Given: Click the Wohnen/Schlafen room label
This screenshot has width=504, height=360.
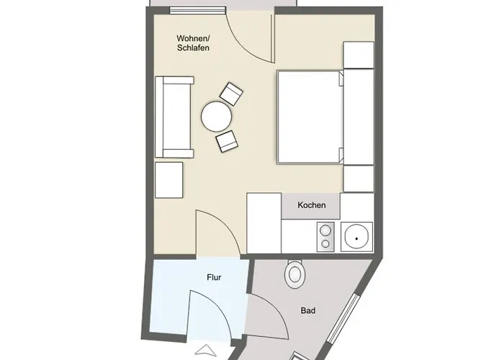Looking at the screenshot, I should [194, 42].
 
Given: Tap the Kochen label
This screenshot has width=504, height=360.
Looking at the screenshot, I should [312, 206].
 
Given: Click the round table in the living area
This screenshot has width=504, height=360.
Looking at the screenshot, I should [216, 116].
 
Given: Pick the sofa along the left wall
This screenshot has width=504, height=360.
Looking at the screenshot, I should [174, 117].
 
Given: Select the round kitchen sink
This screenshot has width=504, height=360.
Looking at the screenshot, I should [356, 235].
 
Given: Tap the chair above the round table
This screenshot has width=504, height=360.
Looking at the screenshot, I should [232, 94].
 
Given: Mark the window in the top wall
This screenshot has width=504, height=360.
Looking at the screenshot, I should [195, 10].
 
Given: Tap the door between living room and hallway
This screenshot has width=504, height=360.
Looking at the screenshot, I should [216, 234].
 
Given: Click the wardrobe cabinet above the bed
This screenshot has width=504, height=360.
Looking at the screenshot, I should [358, 55].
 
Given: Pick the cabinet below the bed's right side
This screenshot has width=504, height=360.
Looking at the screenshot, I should [358, 178].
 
